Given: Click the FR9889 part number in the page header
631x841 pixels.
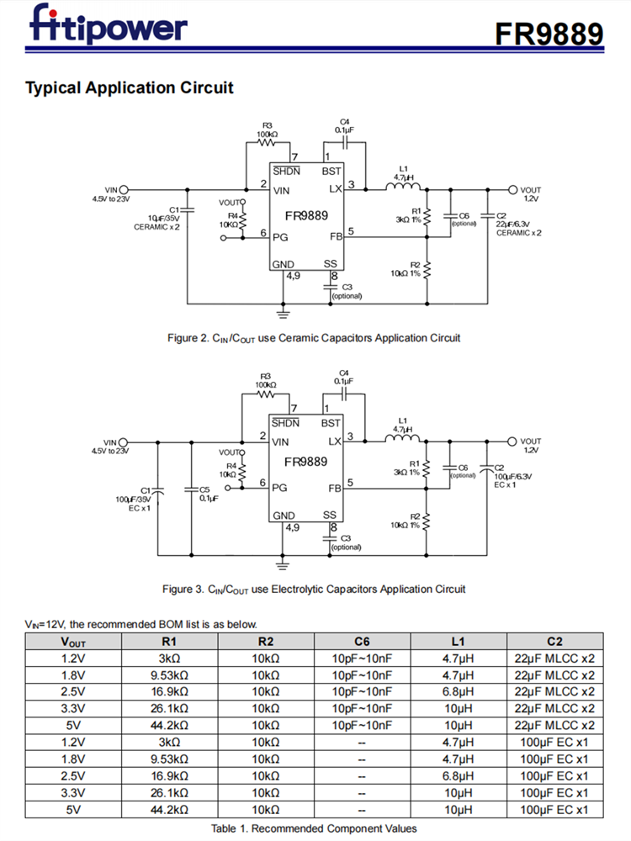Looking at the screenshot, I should (x=549, y=33).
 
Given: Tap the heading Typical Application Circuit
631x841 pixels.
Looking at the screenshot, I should (x=130, y=87).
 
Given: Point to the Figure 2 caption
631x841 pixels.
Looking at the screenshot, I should (x=314, y=338).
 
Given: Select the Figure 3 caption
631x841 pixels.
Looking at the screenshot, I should (x=314, y=589).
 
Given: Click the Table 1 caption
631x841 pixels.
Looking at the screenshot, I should (x=314, y=828).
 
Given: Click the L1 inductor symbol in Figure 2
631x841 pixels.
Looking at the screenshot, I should (x=403, y=188).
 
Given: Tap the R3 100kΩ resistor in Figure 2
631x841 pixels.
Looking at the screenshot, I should (x=267, y=142).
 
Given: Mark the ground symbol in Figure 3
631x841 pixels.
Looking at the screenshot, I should (x=283, y=563).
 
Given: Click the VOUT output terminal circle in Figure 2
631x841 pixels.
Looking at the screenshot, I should (x=512, y=190).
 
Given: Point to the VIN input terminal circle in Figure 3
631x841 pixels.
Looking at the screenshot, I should (x=124, y=442).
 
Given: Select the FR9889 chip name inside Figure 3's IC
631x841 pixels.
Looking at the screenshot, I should (x=305, y=462).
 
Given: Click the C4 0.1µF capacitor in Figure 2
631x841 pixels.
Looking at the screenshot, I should (x=343, y=142).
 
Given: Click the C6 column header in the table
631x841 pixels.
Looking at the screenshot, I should (x=362, y=641).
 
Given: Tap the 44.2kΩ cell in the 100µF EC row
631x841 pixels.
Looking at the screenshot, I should (x=170, y=809).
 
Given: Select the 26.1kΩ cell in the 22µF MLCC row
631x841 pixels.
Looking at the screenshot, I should (x=170, y=708).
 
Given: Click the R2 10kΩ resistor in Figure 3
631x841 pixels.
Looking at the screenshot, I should (x=427, y=521).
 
